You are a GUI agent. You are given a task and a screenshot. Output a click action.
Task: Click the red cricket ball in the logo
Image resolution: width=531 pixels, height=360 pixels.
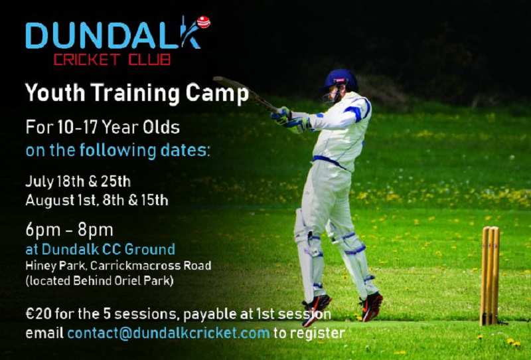pyautogui.click(x=204, y=22)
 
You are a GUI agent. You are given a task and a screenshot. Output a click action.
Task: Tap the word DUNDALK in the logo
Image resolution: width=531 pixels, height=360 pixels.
pyautogui.click(x=114, y=35)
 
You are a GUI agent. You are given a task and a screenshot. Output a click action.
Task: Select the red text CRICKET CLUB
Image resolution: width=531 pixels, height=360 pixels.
pyautogui.click(x=112, y=60)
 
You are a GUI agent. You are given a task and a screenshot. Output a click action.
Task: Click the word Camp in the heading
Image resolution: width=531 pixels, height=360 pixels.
pyautogui.click(x=217, y=93)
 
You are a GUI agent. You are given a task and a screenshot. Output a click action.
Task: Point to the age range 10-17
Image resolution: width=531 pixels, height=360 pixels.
pyautogui.click(x=78, y=128)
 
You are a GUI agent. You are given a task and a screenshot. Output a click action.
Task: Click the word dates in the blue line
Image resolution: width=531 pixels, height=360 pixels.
pyautogui.click(x=185, y=150)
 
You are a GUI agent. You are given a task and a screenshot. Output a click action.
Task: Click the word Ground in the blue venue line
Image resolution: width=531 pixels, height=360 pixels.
pyautogui.click(x=150, y=249)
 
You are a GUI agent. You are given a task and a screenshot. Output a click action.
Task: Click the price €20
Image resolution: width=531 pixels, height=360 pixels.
pyautogui.click(x=38, y=314)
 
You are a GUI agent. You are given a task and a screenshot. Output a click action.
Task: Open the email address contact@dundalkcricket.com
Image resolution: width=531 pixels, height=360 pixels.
pyautogui.click(x=169, y=333)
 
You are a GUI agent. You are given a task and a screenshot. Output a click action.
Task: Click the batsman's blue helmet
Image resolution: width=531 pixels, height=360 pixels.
pyautogui.click(x=339, y=80)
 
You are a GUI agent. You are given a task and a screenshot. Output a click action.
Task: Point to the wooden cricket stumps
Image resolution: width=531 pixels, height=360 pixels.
pyautogui.click(x=490, y=275)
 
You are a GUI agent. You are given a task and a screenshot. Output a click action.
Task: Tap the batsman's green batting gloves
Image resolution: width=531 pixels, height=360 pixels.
pyautogui.click(x=290, y=120)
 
